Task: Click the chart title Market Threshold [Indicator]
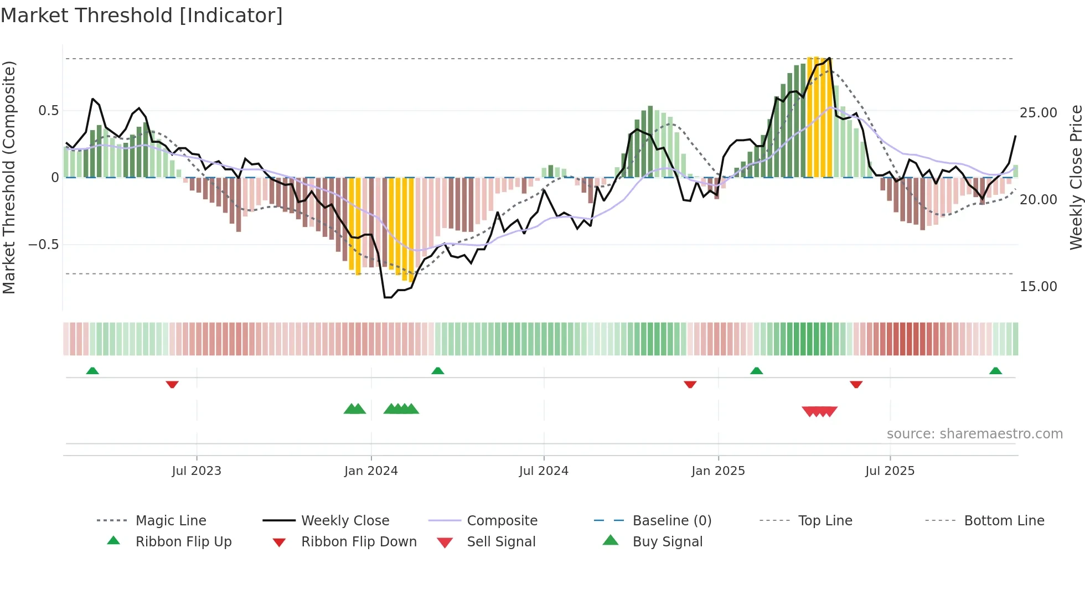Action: pyautogui.click(x=142, y=15)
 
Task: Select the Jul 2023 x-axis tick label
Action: pyautogui.click(x=197, y=471)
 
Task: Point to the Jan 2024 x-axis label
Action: pyautogui.click(x=371, y=471)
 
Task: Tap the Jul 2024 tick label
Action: pyautogui.click(x=544, y=471)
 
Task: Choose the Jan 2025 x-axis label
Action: pyautogui.click(x=718, y=471)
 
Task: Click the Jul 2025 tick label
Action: pyautogui.click(x=890, y=471)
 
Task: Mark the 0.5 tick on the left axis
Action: pyautogui.click(x=49, y=111)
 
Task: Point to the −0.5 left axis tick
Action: pyautogui.click(x=44, y=245)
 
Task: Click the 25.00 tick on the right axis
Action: pyautogui.click(x=1038, y=113)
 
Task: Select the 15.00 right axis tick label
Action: pyautogui.click(x=1038, y=287)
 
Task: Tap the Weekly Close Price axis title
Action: pyautogui.click(x=1076, y=177)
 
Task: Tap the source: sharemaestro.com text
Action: pyautogui.click(x=974, y=434)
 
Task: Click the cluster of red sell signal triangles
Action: pyautogui.click(x=820, y=411)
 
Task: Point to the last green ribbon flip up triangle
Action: pyautogui.click(x=995, y=371)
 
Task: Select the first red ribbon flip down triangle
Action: pyautogui.click(x=172, y=384)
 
